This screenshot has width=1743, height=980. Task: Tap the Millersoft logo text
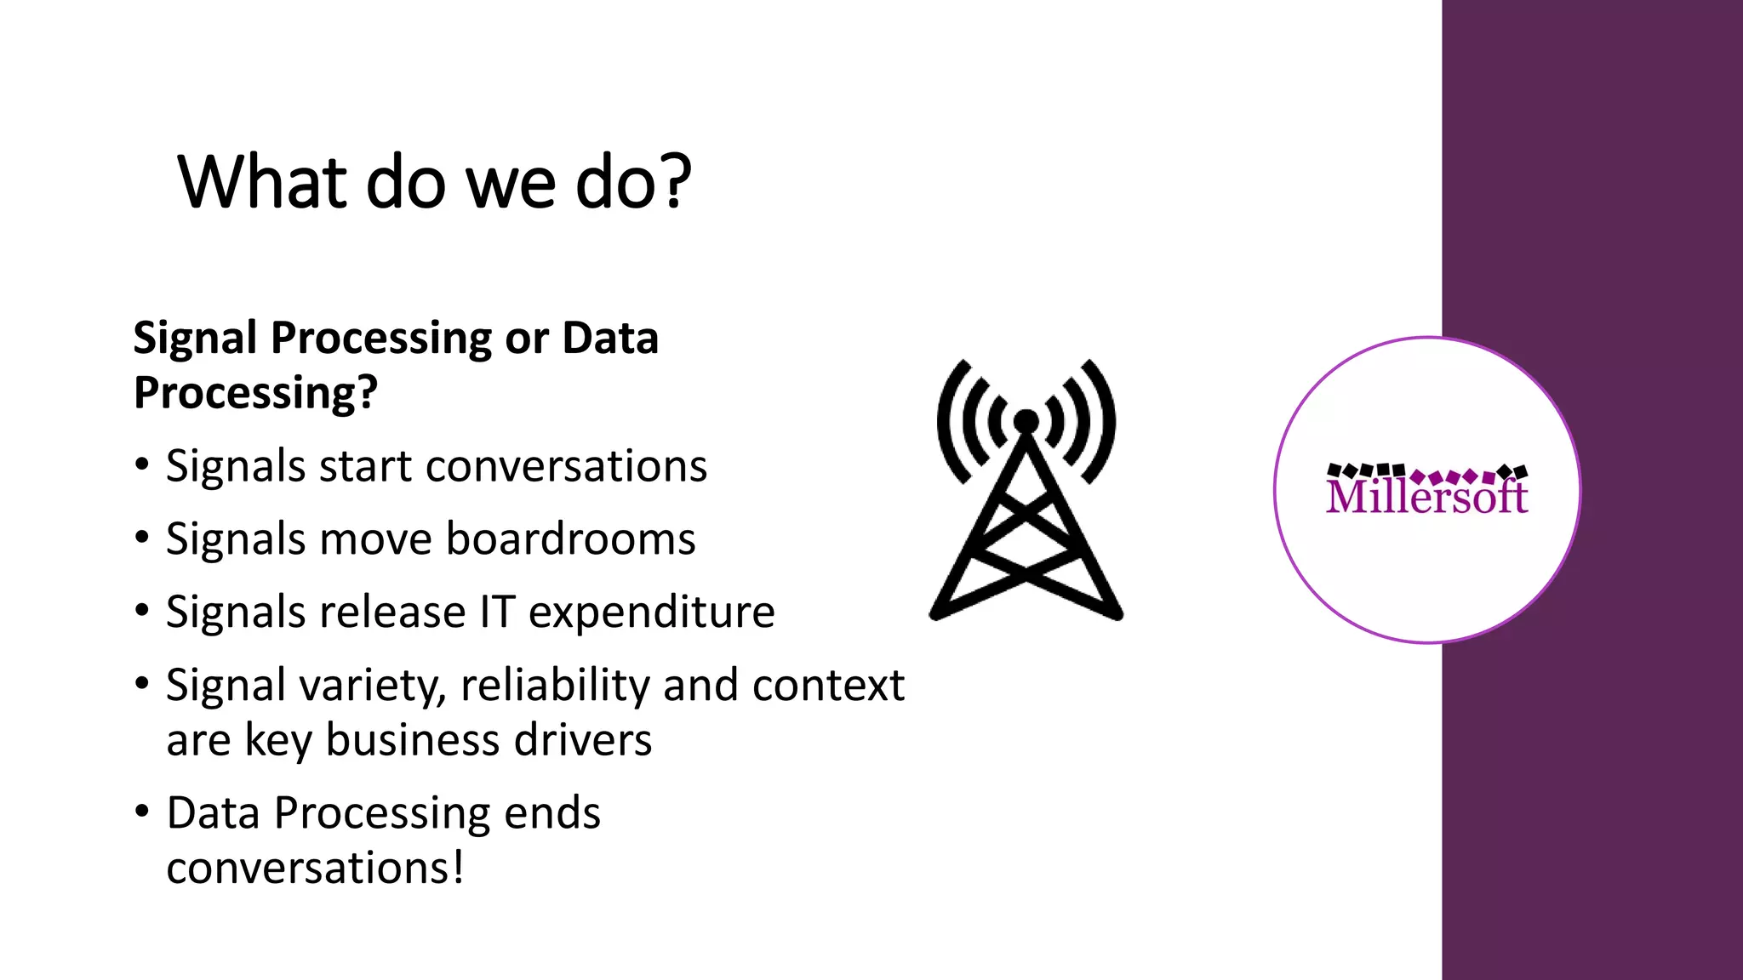coord(1426,496)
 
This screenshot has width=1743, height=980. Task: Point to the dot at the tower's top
coord(1026,421)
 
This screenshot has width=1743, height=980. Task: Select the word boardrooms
coord(570,539)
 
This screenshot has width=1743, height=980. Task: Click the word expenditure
coord(651,612)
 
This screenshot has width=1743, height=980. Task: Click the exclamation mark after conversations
coord(458,868)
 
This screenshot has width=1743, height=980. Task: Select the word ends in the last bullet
coord(552,813)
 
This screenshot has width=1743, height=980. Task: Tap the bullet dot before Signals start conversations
coord(142,465)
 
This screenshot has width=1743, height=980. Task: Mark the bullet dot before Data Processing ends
coord(142,812)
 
